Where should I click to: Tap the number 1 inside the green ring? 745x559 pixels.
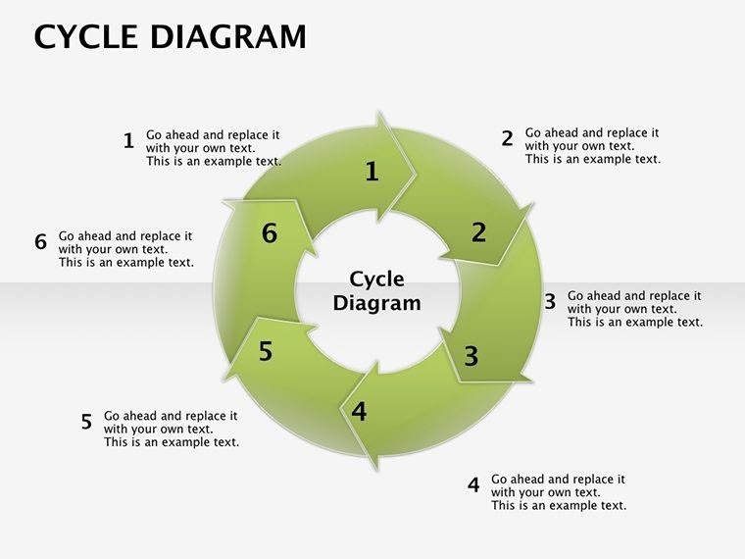(372, 172)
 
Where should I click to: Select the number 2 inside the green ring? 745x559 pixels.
(478, 232)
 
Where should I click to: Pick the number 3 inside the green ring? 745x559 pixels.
(472, 356)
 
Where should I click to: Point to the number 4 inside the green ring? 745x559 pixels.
(359, 412)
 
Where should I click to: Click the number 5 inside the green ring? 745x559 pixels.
(266, 351)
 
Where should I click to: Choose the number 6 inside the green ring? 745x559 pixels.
(271, 233)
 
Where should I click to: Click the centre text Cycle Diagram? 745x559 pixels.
(376, 291)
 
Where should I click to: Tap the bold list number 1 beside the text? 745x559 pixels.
(128, 141)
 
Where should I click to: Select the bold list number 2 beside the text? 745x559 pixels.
(507, 138)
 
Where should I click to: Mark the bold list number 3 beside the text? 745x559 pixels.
(550, 302)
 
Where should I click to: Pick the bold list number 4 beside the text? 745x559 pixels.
(473, 484)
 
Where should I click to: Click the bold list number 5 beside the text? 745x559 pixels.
(86, 422)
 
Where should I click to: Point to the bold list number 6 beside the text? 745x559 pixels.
(40, 242)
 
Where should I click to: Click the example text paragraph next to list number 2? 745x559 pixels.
(592, 146)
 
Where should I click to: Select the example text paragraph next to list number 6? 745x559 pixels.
(125, 249)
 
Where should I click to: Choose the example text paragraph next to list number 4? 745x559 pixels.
(558, 492)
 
